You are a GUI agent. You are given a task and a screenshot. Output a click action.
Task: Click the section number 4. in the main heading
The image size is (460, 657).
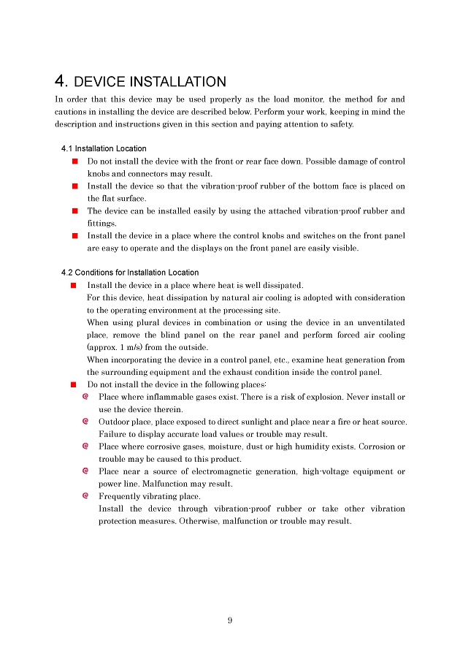pyautogui.click(x=61, y=81)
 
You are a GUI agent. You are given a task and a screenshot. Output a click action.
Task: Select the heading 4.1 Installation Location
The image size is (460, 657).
pyautogui.click(x=104, y=148)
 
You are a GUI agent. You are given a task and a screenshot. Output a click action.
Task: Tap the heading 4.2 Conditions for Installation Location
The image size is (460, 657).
pyautogui.click(x=130, y=273)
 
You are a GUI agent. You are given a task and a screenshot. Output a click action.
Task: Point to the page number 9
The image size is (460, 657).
pyautogui.click(x=229, y=620)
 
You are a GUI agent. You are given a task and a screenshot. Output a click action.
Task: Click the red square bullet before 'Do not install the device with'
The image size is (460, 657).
pyautogui.click(x=74, y=161)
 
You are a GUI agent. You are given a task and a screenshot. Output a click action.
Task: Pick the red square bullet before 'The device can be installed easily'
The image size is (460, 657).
pyautogui.click(x=74, y=210)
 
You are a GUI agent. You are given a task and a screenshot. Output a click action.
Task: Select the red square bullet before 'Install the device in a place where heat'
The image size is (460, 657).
pyautogui.click(x=74, y=285)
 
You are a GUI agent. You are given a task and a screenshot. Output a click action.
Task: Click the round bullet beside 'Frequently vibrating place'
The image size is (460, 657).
pyautogui.click(x=86, y=496)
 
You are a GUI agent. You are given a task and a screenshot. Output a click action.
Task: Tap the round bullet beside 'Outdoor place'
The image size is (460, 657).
pyautogui.click(x=86, y=422)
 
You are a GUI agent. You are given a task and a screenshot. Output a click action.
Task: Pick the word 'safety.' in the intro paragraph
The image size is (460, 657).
pyautogui.click(x=339, y=124)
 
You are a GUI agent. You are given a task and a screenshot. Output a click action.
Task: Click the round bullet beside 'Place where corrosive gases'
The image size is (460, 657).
pyautogui.click(x=86, y=447)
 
